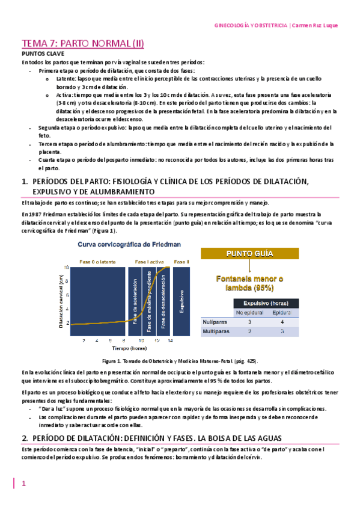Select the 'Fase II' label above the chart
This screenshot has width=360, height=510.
tap(181, 261)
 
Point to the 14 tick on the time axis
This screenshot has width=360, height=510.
tap(170, 341)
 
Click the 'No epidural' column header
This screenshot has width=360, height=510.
tap(249, 312)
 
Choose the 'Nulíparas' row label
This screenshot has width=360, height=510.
tap(210, 322)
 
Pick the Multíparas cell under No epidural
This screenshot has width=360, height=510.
tap(249, 331)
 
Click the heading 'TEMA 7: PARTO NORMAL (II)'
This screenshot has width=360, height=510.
tap(82, 44)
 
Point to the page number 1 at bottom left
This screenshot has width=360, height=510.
tap(23, 484)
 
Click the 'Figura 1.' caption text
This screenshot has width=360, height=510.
tap(114, 361)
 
